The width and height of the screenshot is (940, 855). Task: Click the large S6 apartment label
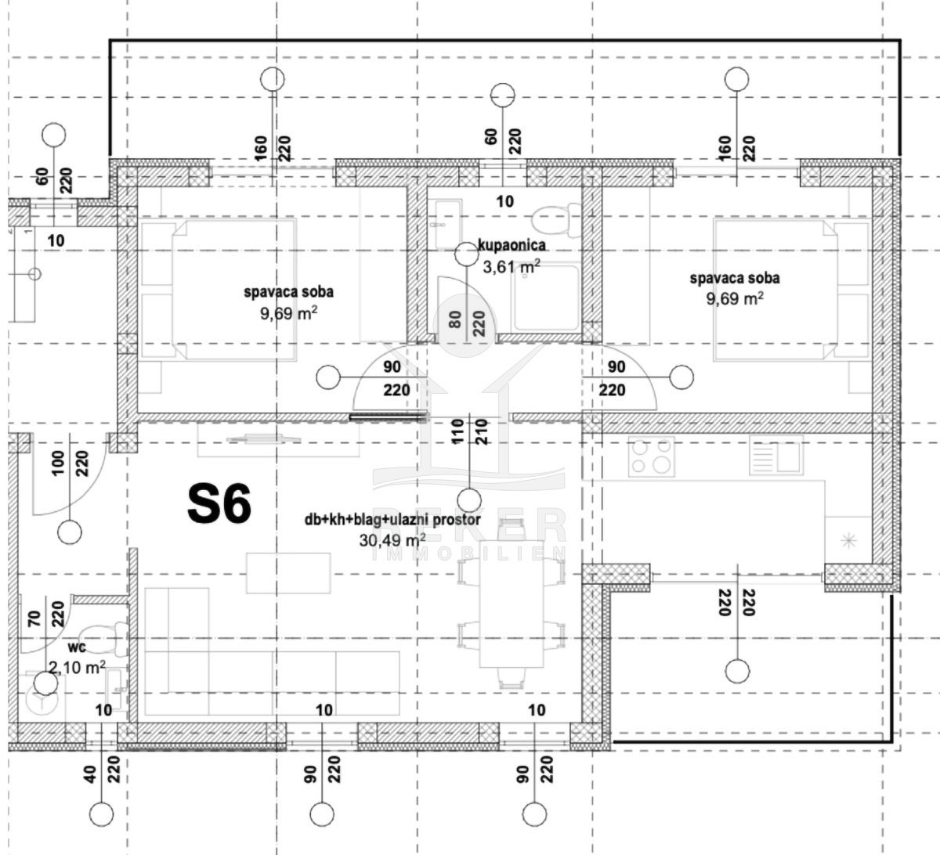219,504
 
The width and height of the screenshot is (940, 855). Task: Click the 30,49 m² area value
392,539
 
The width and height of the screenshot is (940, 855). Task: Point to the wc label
76,648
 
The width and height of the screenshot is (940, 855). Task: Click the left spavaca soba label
289,292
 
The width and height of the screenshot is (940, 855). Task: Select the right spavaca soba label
734,278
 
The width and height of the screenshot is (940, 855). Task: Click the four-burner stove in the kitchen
652,456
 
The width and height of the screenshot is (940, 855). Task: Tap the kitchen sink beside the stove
775,455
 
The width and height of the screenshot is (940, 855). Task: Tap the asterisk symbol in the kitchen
848,539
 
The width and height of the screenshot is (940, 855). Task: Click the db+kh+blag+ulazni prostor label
392,519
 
